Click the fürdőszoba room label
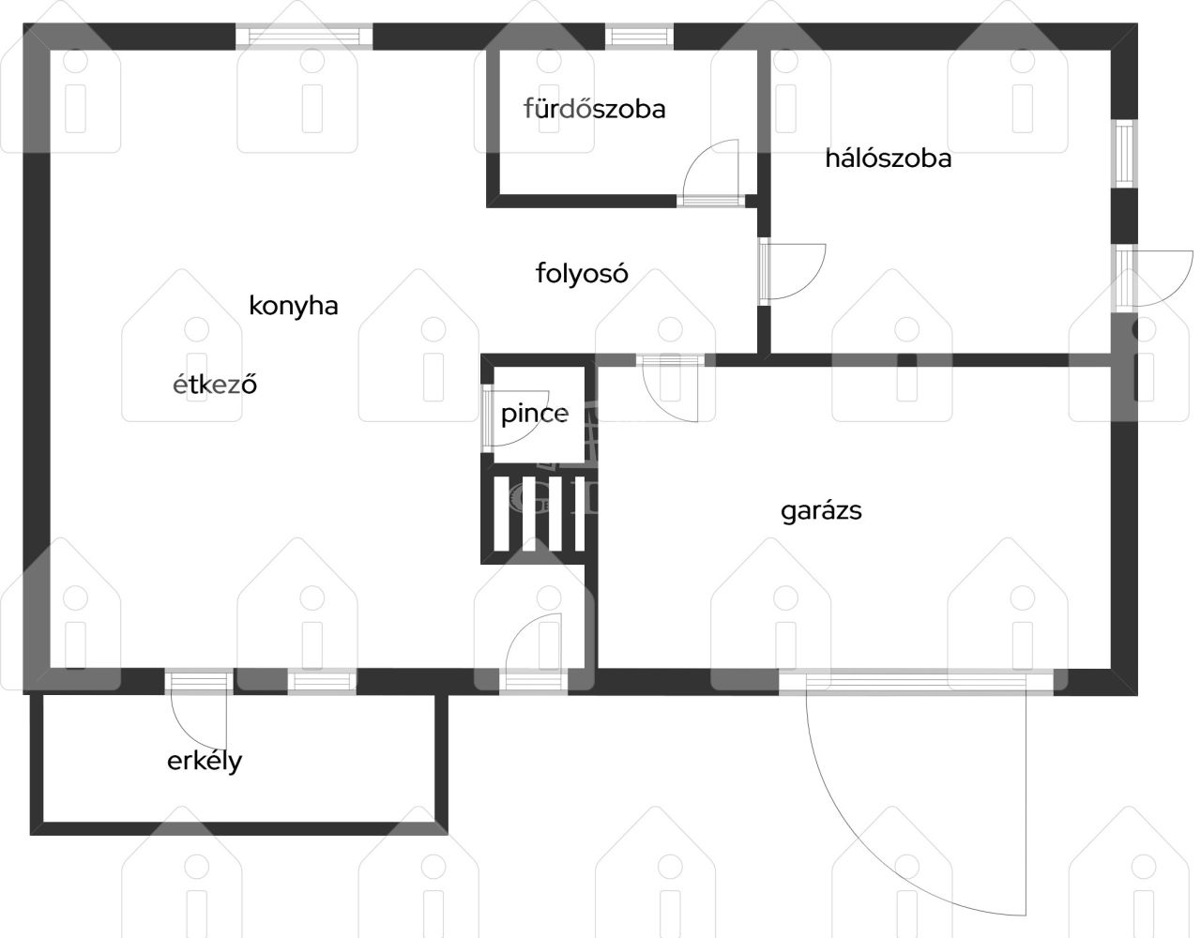tap(595, 109)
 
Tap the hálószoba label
tap(889, 159)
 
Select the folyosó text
tap(582, 273)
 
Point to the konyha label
tap(294, 306)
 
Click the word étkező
tap(215, 384)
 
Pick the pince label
tap(535, 414)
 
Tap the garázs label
tap(821, 511)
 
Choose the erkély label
tap(205, 762)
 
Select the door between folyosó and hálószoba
tap(793, 272)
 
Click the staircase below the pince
tap(539, 514)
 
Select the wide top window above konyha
tap(305, 37)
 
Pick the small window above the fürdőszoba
tap(640, 37)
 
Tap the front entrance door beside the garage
tap(533, 652)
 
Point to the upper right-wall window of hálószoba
tap(1125, 154)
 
